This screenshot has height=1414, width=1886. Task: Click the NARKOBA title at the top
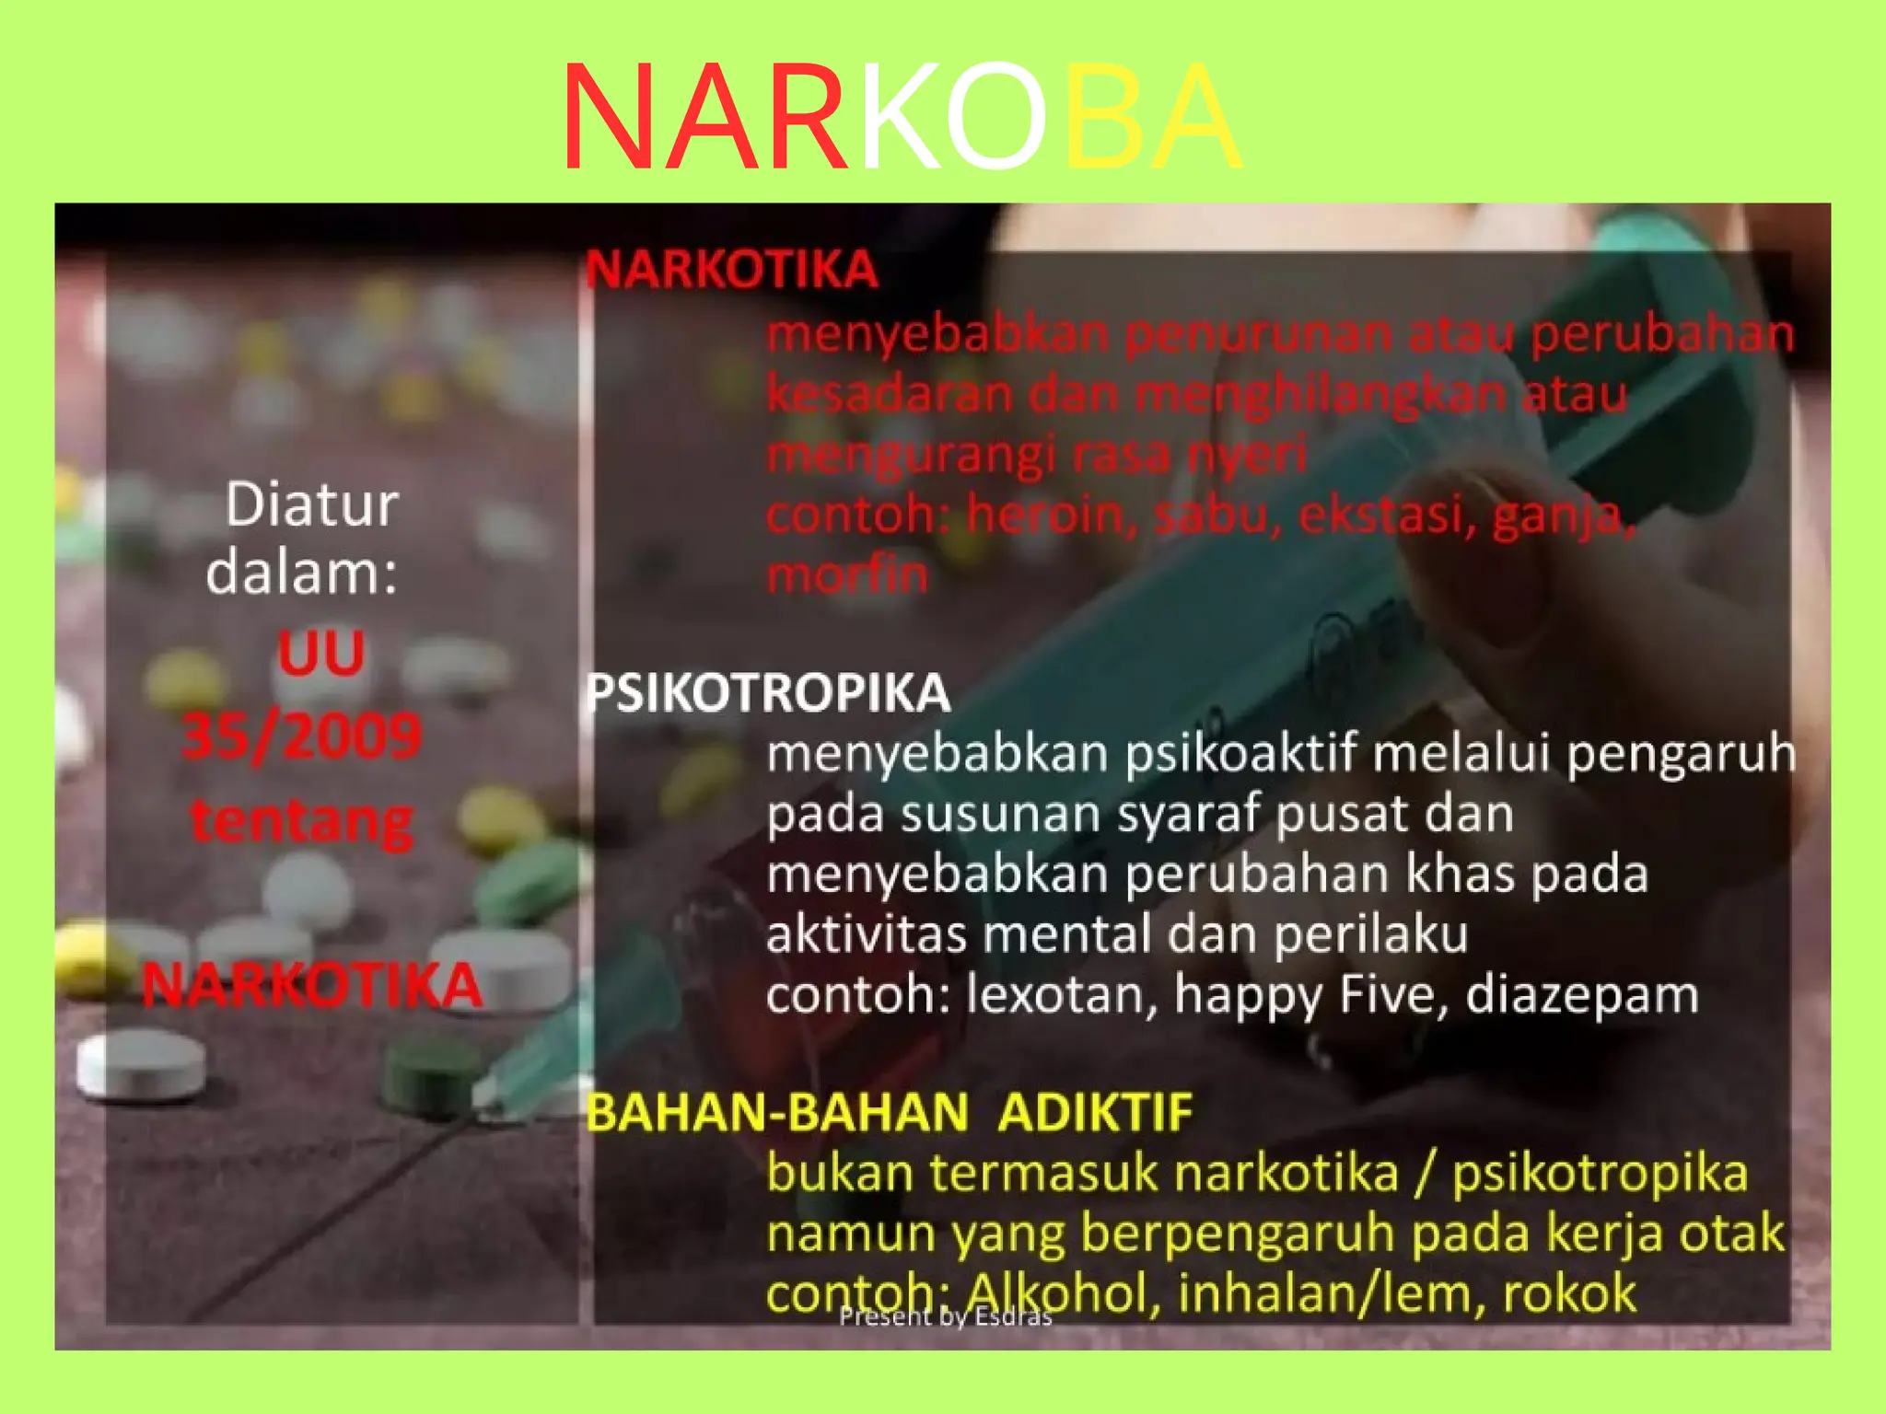click(901, 117)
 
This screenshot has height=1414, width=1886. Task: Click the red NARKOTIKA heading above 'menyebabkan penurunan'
click(732, 270)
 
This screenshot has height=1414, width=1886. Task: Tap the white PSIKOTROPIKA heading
click(768, 693)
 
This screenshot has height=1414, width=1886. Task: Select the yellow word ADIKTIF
click(1095, 1112)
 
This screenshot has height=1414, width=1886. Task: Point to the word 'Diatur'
click(311, 504)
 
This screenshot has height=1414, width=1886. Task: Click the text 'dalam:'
click(301, 573)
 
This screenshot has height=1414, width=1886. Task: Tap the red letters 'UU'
click(321, 654)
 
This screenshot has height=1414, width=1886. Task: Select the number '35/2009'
click(302, 736)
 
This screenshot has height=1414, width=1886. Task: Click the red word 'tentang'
click(301, 820)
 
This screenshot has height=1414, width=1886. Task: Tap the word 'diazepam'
click(1581, 995)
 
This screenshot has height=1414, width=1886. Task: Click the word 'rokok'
click(1569, 1292)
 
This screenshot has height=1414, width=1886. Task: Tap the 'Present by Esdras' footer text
click(945, 1317)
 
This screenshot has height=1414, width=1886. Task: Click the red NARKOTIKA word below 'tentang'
click(312, 986)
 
